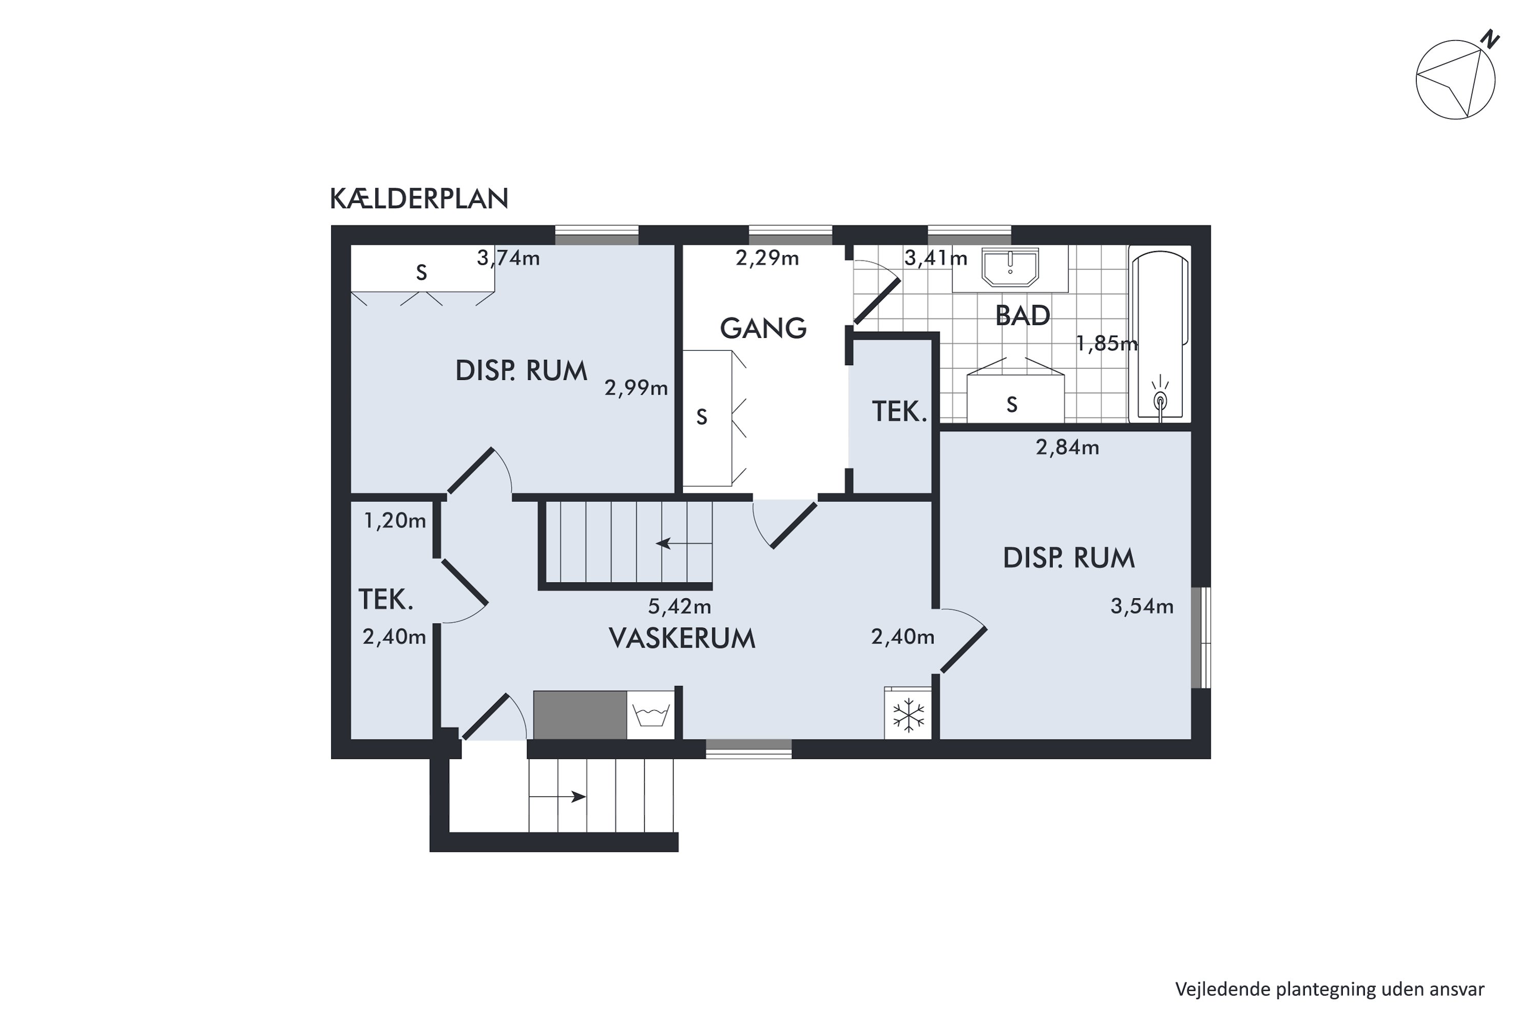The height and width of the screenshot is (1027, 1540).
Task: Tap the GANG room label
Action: pos(763,328)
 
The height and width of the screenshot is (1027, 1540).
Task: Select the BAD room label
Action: pos(1022,316)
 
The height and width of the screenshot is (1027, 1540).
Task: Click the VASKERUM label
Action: pos(682,638)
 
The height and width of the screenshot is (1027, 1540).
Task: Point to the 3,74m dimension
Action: pos(508,258)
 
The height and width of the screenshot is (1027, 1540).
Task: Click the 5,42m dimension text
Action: pos(679,606)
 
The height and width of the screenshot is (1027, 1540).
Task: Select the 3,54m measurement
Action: pos(1141,606)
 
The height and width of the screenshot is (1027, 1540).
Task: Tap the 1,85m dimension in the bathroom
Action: pos(1107,343)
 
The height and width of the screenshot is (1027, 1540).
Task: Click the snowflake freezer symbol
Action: pos(908,715)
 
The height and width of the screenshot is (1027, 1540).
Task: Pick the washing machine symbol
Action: pos(650,715)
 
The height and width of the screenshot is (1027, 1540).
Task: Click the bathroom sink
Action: pos(1010,267)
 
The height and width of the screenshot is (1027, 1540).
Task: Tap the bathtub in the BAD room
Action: pos(1160,334)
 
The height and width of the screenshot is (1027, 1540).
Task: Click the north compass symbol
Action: pos(1456,79)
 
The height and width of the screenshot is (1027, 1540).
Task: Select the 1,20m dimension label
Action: pos(394,521)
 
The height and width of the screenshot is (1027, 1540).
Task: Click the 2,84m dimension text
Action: pos(1067,447)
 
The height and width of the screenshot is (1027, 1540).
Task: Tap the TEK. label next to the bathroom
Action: pos(899,411)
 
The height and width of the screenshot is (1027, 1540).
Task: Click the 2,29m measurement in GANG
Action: pos(767,258)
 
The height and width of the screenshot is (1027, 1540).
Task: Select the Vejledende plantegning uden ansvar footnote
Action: pos(1329,989)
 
